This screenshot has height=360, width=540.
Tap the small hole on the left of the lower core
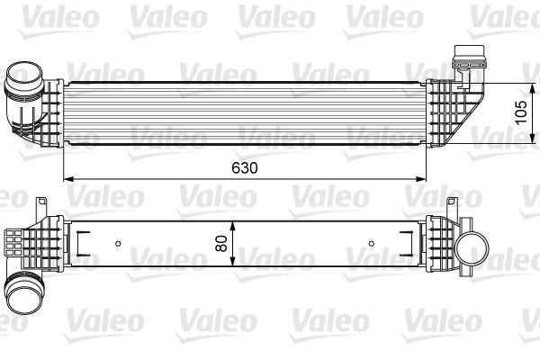click(x=120, y=243)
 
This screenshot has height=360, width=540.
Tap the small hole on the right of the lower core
click(x=372, y=242)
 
